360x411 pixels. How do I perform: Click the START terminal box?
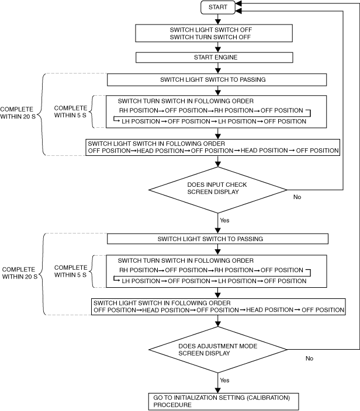coord(218,8)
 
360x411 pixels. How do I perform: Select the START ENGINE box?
coord(214,57)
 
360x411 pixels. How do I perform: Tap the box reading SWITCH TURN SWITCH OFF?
coord(214,33)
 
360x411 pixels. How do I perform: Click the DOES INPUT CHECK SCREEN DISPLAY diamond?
coord(218,190)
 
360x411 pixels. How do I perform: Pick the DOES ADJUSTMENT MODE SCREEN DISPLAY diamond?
coord(218,350)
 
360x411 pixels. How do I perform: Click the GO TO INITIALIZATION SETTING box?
coord(224,401)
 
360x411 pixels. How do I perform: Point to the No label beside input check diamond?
coord(297,197)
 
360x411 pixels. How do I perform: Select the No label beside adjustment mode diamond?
coord(309,358)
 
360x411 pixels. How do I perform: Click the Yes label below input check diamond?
coord(224,220)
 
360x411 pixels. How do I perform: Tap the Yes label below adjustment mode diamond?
coord(224,380)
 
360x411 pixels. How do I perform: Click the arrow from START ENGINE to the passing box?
coord(218,68)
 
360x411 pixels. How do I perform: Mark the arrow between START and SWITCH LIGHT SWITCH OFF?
coord(218,19)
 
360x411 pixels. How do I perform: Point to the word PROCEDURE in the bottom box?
coord(172,405)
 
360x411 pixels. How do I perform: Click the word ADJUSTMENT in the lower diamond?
coord(203,346)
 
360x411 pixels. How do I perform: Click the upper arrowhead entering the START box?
coord(238,4)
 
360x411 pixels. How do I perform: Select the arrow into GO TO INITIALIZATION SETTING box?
coord(218,383)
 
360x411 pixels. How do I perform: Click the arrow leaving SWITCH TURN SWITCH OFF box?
coord(218,47)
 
